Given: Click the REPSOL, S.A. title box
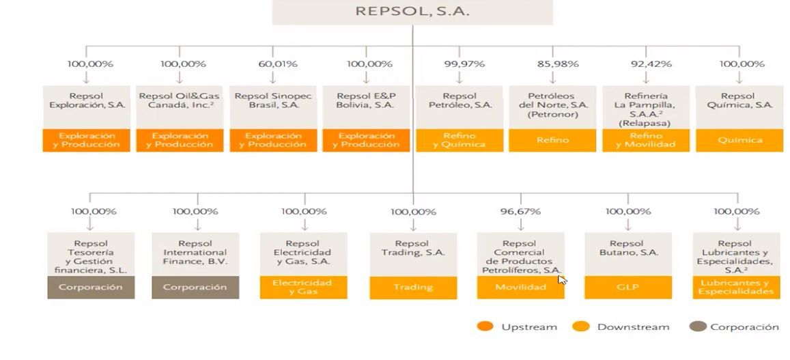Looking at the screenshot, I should pos(412,12).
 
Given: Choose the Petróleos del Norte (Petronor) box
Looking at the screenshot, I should pos(552,105).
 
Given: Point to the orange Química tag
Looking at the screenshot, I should pos(740,140).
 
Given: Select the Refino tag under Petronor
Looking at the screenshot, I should pos(552,140).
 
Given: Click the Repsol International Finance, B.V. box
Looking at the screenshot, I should pos(195,252).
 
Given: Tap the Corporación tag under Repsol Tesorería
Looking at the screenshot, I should pos(91,288).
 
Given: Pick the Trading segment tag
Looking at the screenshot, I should pos(413,288).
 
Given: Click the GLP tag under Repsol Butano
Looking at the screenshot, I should pos(628,288).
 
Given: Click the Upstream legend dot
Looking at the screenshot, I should pos(485,327).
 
